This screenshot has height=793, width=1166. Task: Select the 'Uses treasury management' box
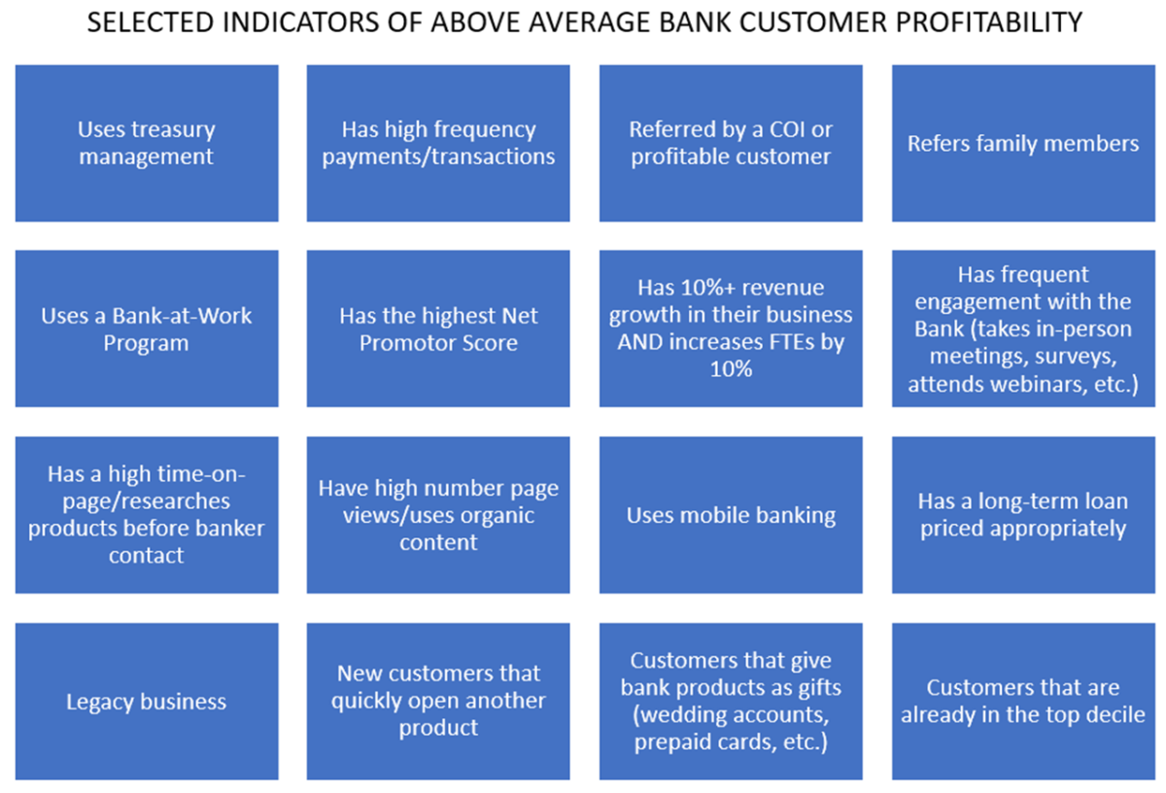click(147, 143)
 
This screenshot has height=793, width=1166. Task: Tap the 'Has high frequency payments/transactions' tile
click(438, 143)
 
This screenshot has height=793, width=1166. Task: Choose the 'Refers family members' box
click(1023, 144)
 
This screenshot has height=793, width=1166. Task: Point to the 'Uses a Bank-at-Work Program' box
click(147, 329)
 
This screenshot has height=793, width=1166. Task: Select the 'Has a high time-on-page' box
click(147, 515)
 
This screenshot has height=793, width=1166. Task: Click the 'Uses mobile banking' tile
click(731, 515)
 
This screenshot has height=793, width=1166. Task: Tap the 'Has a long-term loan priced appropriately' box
click(1023, 515)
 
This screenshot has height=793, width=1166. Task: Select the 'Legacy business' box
click(147, 702)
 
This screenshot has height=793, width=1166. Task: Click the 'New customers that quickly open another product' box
click(438, 701)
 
